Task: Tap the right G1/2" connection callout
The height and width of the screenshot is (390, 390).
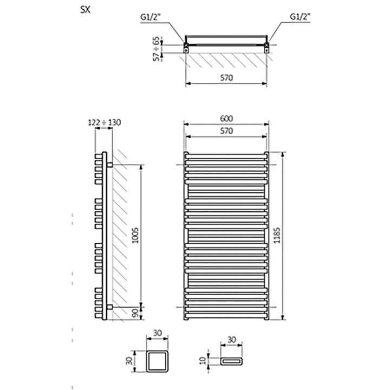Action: (x=300, y=17)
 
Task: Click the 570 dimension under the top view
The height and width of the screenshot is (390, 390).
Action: (x=226, y=77)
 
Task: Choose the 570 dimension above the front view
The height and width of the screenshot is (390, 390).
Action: (x=226, y=131)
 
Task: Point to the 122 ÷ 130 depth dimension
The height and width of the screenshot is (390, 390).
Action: (x=104, y=122)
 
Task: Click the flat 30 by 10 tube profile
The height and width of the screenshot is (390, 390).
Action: (x=232, y=360)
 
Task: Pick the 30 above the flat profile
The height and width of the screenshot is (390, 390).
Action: (x=232, y=340)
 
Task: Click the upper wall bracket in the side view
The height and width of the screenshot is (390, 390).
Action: (x=110, y=165)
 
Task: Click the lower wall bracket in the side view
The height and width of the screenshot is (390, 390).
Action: (x=110, y=307)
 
